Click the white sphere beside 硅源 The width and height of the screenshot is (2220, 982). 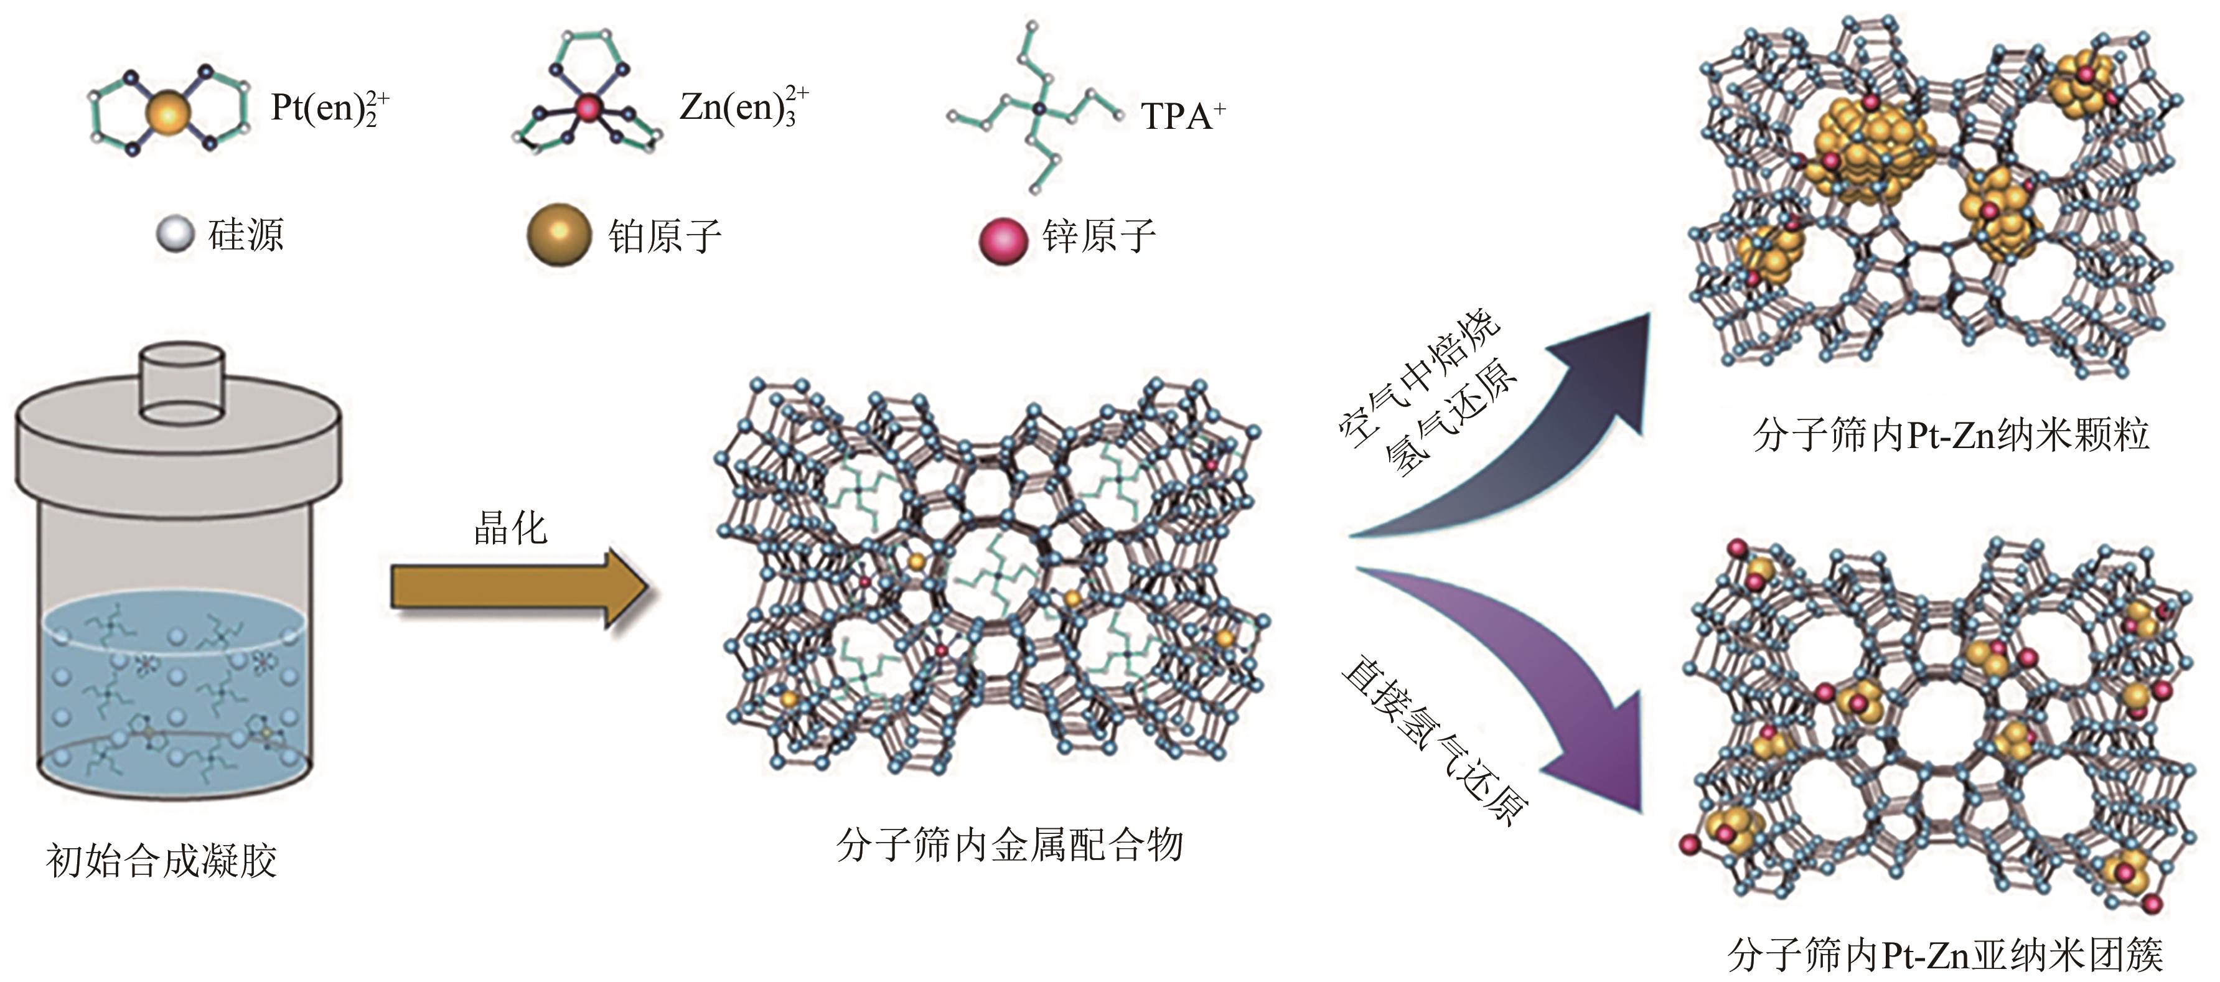(175, 235)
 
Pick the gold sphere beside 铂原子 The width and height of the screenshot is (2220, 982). (558, 235)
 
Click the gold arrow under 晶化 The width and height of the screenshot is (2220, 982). (517, 588)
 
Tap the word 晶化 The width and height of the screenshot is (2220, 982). (510, 527)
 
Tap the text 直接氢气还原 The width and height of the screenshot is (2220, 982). (1435, 741)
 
